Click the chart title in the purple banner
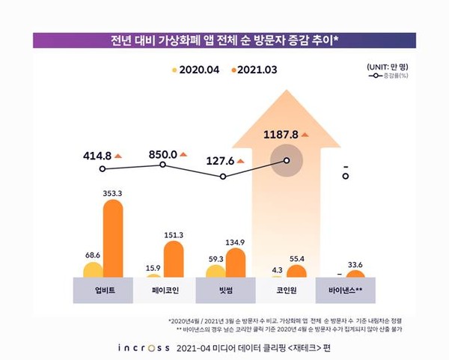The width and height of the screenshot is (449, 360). (x=224, y=40)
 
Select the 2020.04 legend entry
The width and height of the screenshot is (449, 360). (x=192, y=70)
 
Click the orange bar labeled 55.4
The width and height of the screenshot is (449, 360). (x=296, y=272)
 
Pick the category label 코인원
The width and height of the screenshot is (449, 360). (x=286, y=289)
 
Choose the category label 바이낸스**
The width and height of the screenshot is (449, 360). (x=346, y=289)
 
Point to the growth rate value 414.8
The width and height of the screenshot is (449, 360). (x=97, y=156)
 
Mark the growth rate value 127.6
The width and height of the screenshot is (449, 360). (x=220, y=159)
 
